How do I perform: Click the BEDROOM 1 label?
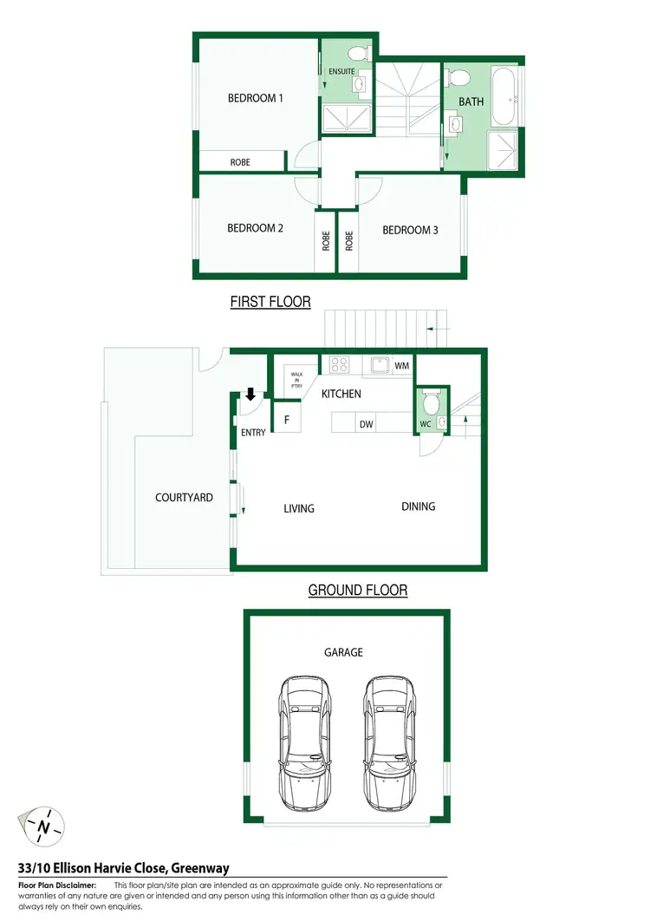click(255, 98)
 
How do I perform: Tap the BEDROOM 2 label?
click(255, 228)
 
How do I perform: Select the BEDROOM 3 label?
click(410, 230)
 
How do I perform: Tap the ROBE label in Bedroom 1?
click(240, 162)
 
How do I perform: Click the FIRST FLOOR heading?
click(270, 302)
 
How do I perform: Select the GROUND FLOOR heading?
click(357, 591)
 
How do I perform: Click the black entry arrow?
click(250, 395)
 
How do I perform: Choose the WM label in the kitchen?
click(401, 366)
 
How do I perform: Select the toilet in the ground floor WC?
click(431, 403)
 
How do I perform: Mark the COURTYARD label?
click(184, 498)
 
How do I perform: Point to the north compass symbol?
click(42, 826)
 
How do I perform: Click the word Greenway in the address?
click(199, 867)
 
